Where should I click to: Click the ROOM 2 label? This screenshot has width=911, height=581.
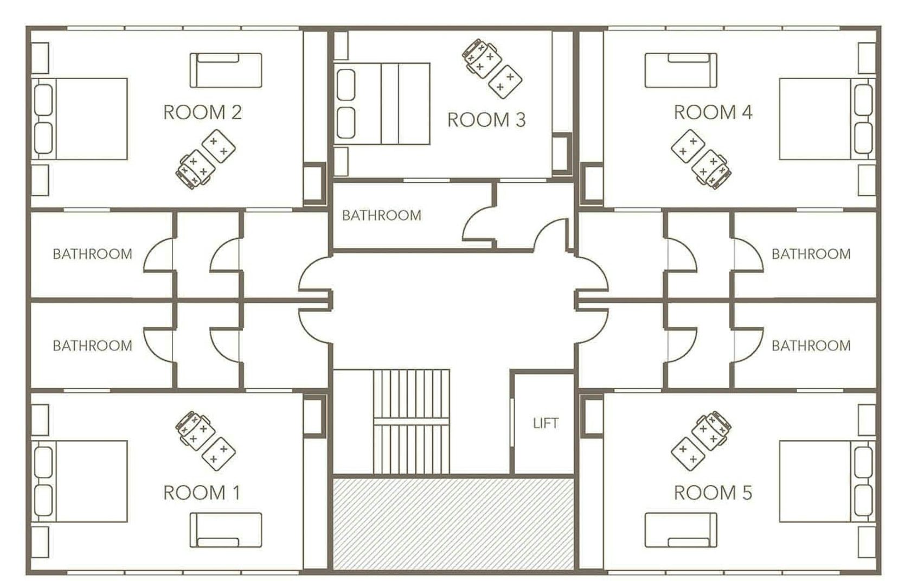point(202,112)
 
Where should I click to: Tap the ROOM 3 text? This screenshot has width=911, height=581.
point(486,120)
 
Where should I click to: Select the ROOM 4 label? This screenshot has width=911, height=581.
point(713,112)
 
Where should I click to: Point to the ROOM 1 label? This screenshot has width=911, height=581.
point(202,493)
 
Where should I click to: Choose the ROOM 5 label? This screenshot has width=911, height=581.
point(713,493)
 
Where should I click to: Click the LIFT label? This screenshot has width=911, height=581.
point(545,423)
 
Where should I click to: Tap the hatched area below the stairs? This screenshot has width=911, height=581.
point(453,523)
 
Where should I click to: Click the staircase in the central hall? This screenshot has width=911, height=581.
point(412,422)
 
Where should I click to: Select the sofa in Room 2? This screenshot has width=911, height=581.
point(226,71)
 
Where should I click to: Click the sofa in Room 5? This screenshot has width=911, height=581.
point(681,530)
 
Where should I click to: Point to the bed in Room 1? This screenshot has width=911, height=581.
point(81,481)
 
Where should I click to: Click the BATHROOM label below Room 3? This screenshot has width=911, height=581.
point(381,215)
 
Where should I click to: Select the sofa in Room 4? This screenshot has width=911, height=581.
point(681,71)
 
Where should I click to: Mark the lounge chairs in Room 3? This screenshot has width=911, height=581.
point(492,68)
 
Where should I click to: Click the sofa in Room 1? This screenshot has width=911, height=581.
point(226,530)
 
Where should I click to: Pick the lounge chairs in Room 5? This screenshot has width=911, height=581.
point(701,440)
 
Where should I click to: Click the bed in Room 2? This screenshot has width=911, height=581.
point(81,119)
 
